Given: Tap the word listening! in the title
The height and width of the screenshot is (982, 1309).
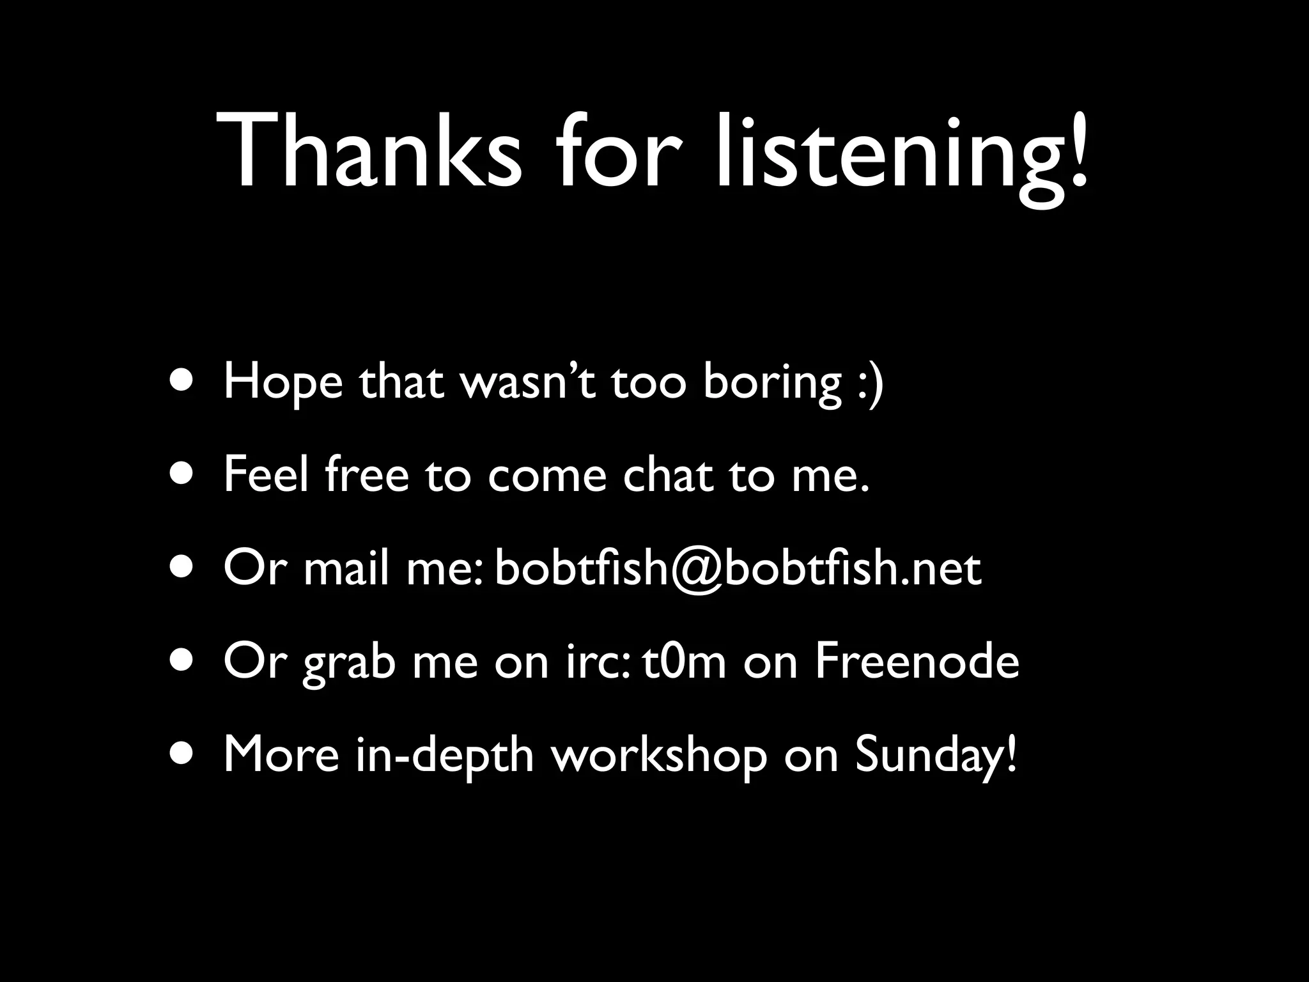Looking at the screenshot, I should [901, 153].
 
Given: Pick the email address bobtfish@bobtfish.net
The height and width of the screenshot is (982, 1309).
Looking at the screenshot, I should [738, 569].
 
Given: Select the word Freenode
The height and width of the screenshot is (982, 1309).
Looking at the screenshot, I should [917, 662].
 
